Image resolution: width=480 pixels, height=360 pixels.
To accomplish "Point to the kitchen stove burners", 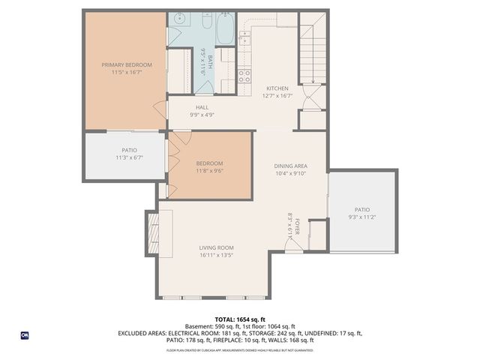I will click(x=244, y=74).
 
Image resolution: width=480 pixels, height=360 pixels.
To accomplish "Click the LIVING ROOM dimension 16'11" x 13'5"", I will click(x=217, y=255).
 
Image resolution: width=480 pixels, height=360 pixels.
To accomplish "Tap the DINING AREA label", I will click(x=290, y=166).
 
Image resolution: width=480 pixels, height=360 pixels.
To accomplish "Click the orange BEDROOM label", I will click(x=209, y=163).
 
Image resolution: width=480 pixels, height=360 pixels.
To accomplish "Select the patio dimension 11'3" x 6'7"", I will click(x=129, y=158).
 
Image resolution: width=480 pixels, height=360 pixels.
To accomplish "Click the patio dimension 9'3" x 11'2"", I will click(x=362, y=217).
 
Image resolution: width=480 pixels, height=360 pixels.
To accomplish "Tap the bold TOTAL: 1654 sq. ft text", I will click(x=239, y=319).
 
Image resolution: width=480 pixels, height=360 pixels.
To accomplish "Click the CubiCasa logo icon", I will click(x=25, y=335).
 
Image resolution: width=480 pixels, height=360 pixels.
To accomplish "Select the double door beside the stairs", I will click(x=312, y=97).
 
